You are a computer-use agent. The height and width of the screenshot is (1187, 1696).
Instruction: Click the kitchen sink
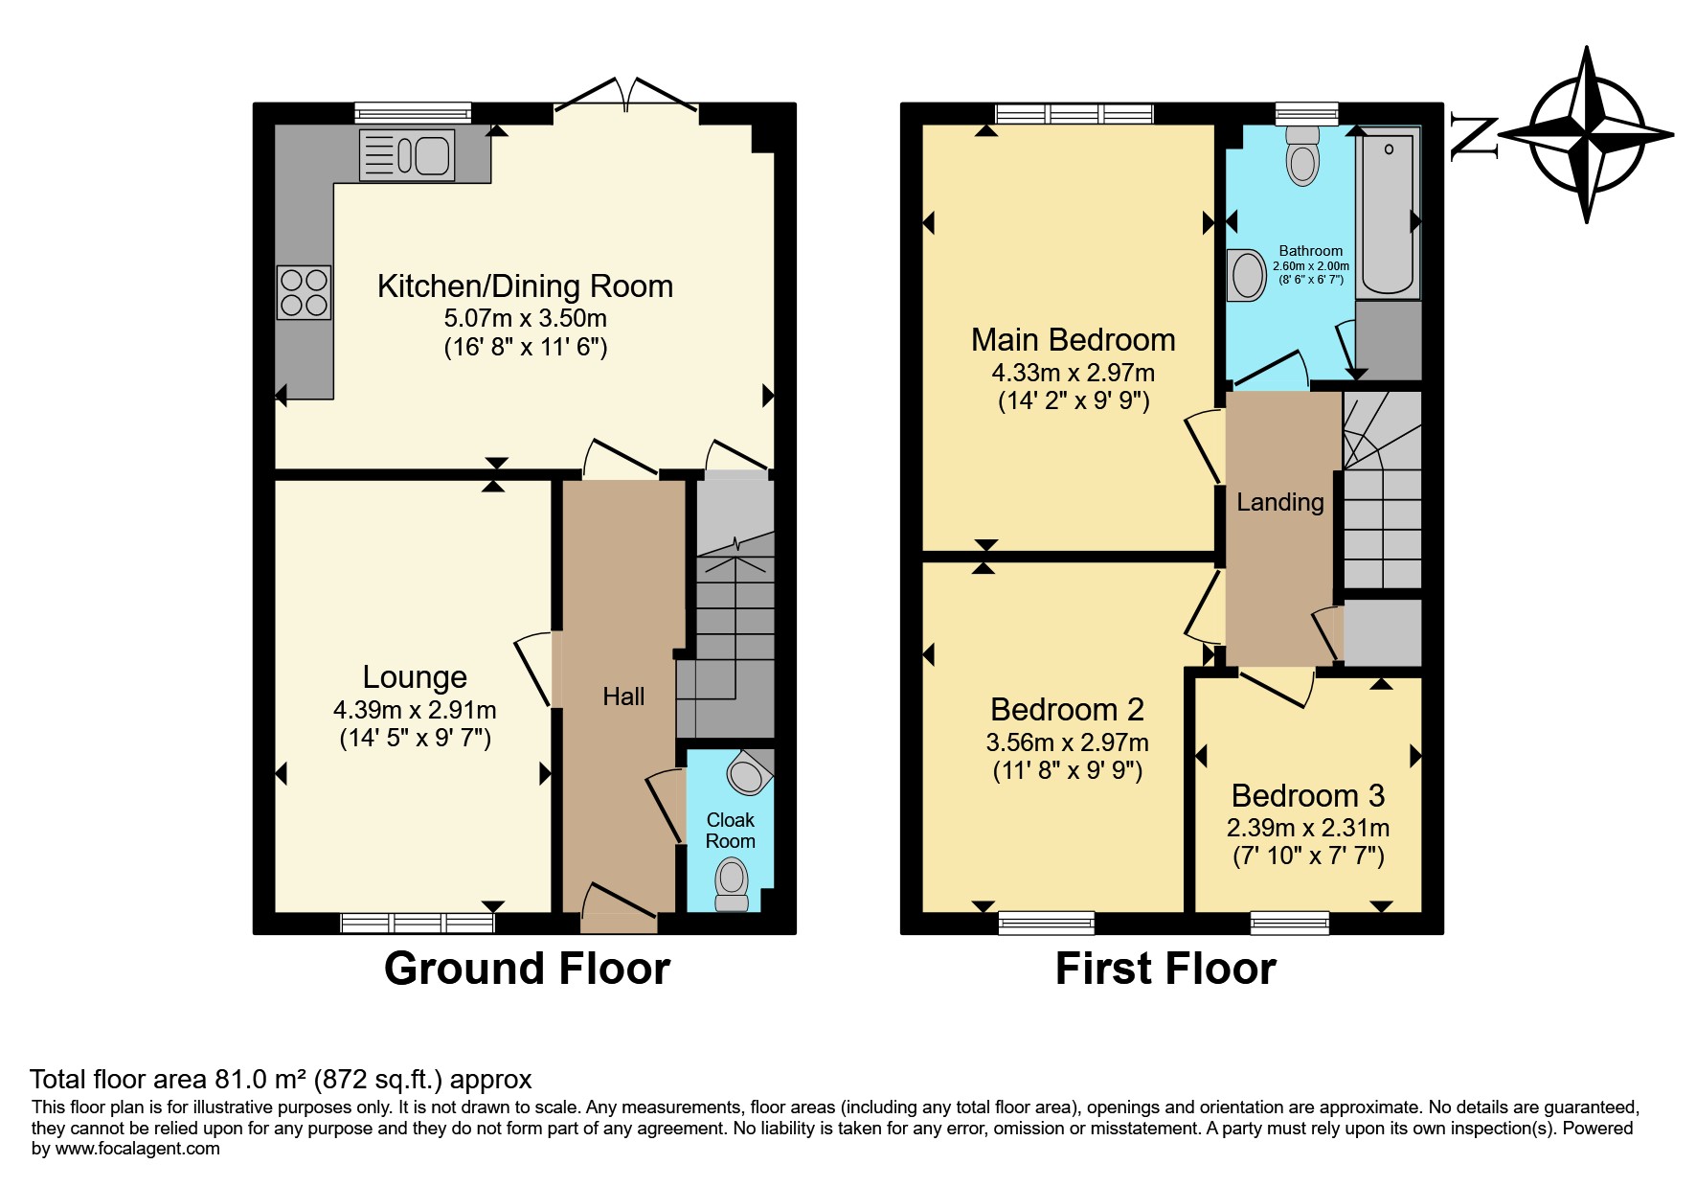[407, 154]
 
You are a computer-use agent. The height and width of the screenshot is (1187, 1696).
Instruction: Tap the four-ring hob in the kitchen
[304, 292]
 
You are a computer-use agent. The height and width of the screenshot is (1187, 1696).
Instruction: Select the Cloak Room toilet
[733, 883]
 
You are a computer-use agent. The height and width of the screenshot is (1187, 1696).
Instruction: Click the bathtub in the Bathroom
[1388, 213]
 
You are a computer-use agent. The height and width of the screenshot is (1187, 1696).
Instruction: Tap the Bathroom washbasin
[1247, 275]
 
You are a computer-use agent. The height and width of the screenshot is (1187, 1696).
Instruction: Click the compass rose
[1589, 134]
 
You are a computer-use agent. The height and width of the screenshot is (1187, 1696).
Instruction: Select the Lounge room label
[415, 677]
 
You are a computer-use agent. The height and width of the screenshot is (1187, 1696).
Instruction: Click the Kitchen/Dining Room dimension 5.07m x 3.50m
[525, 318]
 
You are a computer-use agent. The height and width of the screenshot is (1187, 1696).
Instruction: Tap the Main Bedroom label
[1073, 340]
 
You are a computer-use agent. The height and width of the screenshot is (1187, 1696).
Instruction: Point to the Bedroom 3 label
[1308, 795]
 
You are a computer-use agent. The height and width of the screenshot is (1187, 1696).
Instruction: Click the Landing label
[1280, 502]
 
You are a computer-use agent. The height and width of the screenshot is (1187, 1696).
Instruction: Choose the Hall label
[623, 696]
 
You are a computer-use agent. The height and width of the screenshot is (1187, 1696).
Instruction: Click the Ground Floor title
[527, 969]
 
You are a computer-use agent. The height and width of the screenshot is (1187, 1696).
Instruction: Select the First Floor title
[1165, 969]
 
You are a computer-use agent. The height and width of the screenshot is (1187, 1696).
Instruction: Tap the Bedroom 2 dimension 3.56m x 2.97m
[1067, 742]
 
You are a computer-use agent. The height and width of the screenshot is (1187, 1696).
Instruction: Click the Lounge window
[418, 923]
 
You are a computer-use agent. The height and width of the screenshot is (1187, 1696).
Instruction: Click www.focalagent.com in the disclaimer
[138, 1149]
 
